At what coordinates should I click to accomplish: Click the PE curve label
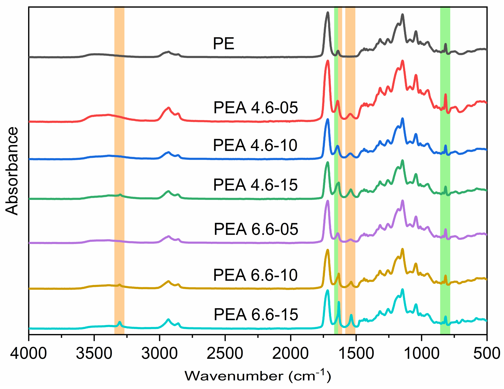click(224, 44)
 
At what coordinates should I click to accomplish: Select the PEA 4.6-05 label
click(255, 108)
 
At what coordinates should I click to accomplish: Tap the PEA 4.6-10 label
click(255, 145)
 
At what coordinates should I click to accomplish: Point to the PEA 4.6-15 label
click(255, 185)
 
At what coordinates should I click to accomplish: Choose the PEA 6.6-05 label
click(256, 229)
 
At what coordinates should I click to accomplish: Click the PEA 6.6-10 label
click(255, 275)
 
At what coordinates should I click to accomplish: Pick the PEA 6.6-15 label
click(256, 314)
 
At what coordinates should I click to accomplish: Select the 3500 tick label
click(94, 353)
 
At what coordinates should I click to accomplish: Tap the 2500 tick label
click(225, 353)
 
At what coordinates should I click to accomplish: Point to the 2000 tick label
click(290, 353)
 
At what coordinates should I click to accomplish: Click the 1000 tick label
click(421, 353)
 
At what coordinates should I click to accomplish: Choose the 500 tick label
click(486, 353)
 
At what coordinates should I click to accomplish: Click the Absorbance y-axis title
click(12, 171)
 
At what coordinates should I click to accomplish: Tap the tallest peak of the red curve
click(328, 61)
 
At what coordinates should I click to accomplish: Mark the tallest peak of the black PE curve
click(328, 13)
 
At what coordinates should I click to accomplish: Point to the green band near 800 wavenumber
click(445, 171)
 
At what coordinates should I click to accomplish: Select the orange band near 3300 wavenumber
click(119, 171)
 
